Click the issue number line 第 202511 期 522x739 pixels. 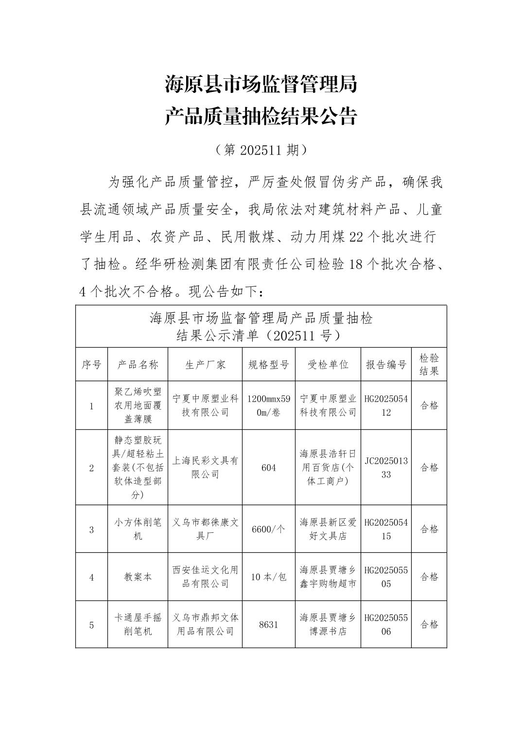coord(261,150)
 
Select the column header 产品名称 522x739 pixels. coord(138,365)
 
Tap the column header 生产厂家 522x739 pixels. coord(205,365)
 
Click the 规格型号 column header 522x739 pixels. coord(268,365)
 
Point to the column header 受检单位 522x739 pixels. coord(328,365)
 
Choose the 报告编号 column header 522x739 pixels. coord(386,365)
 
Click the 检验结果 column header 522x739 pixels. coord(429,365)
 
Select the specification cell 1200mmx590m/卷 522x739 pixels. coord(268,405)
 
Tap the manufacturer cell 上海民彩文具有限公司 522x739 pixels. coord(205,467)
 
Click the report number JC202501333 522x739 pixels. coord(386,467)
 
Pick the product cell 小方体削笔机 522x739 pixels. coord(138,529)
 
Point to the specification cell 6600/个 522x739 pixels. coord(268,529)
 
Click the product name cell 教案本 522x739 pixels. coord(138,577)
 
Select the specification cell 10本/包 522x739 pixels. coord(268,577)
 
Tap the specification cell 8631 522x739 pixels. coord(268,624)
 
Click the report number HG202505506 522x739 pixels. coord(386,624)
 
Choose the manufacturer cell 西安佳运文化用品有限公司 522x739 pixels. coord(205,577)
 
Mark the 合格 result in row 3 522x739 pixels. coord(429,529)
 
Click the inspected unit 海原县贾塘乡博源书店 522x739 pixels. coord(328,624)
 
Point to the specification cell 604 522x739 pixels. coord(268,467)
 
